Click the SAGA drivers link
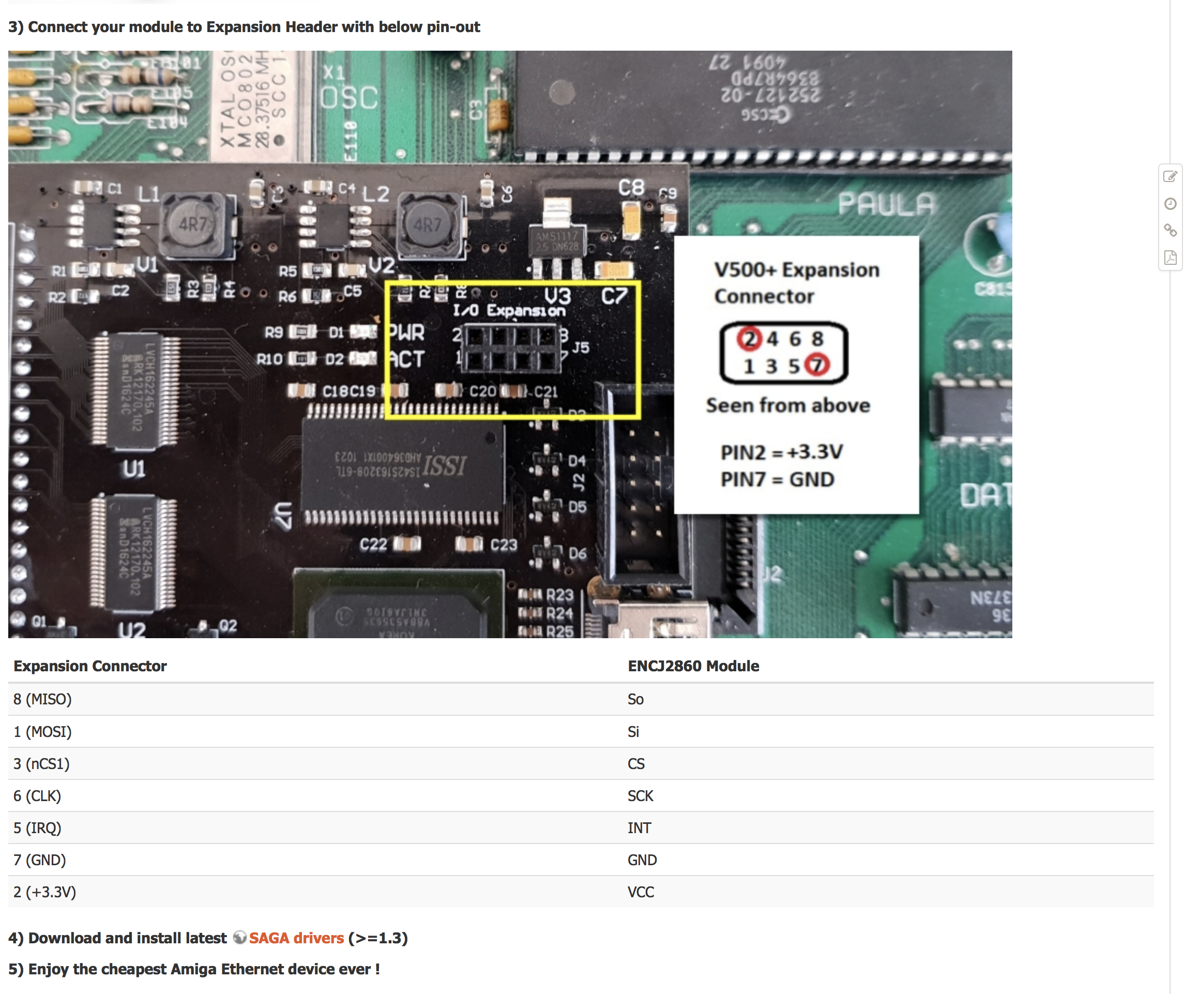(x=296, y=938)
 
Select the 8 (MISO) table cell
(x=43, y=699)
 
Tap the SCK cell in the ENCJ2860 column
(x=640, y=795)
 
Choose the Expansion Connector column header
(x=90, y=666)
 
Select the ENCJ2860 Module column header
(x=693, y=666)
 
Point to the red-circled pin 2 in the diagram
(x=749, y=339)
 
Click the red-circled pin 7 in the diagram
(x=816, y=365)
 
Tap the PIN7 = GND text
(x=777, y=479)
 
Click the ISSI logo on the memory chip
(x=445, y=466)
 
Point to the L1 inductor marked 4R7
(x=193, y=225)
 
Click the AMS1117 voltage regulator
(x=557, y=242)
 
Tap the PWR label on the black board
(x=407, y=332)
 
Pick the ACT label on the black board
(x=406, y=359)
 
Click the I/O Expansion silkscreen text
(x=508, y=310)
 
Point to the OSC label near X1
(x=350, y=98)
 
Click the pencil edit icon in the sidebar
(x=1170, y=177)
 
